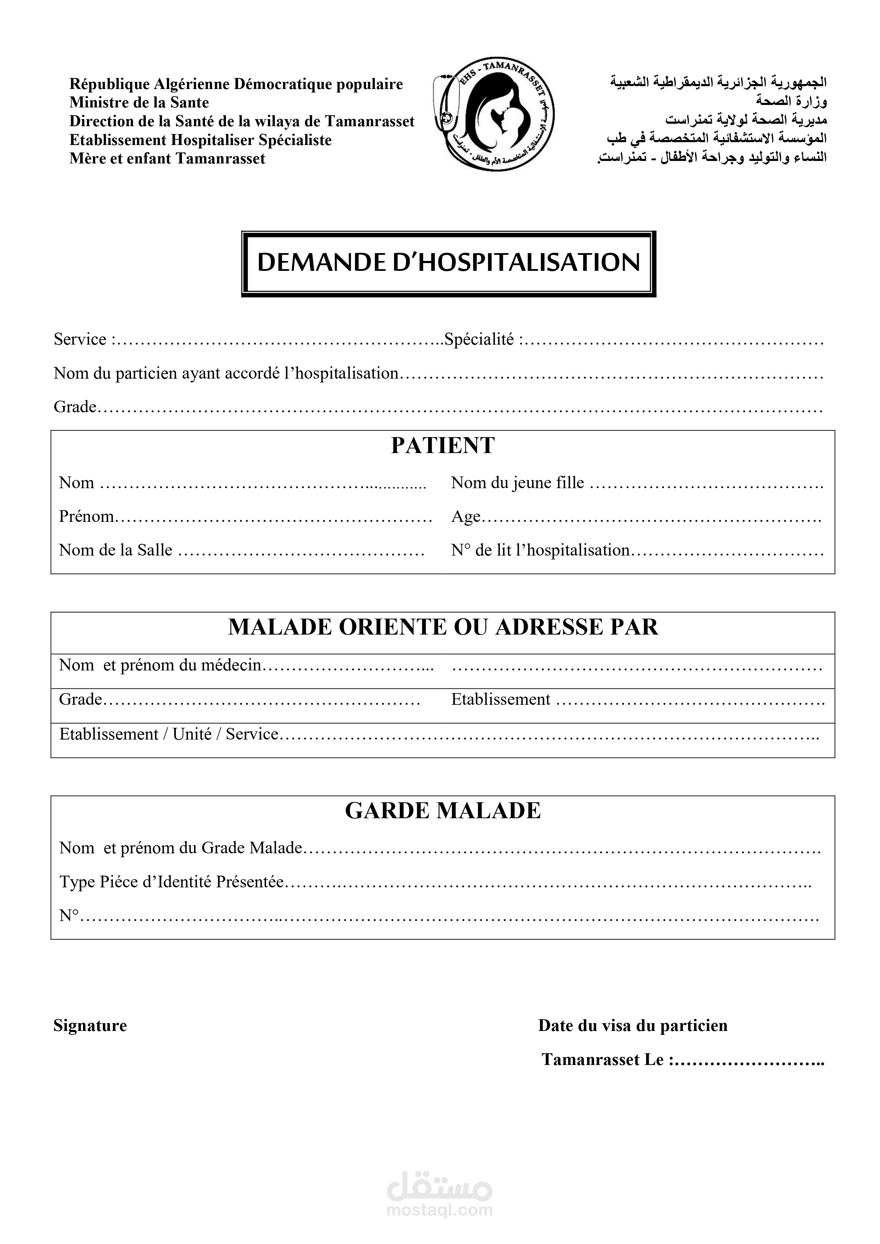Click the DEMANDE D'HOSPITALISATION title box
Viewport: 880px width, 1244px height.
pyautogui.click(x=448, y=263)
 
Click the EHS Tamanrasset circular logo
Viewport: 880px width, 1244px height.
pyautogui.click(x=494, y=114)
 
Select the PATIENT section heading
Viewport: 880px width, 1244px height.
pyautogui.click(x=442, y=445)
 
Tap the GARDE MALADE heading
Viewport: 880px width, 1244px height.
pyautogui.click(x=442, y=810)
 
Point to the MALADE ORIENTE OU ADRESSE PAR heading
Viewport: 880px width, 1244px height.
pyautogui.click(x=442, y=627)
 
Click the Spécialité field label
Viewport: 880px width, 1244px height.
pyautogui.click(x=479, y=339)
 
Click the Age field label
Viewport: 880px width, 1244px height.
pyautogui.click(x=466, y=517)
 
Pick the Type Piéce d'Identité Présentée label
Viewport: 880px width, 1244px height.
pyautogui.click(x=171, y=882)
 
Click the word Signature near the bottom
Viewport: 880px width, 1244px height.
pyautogui.click(x=90, y=1025)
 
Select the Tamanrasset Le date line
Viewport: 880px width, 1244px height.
pyautogui.click(x=682, y=1059)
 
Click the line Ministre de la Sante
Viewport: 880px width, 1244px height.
pyautogui.click(x=139, y=102)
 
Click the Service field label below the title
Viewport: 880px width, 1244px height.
pyautogui.click(x=80, y=339)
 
